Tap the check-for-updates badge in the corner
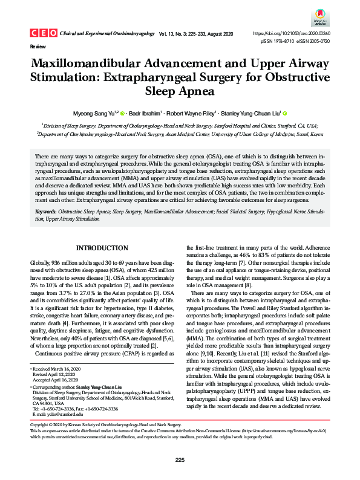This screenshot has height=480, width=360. point(322,19)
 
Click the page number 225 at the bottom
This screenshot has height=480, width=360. point(180,460)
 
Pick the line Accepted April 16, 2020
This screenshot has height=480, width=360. point(57,380)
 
